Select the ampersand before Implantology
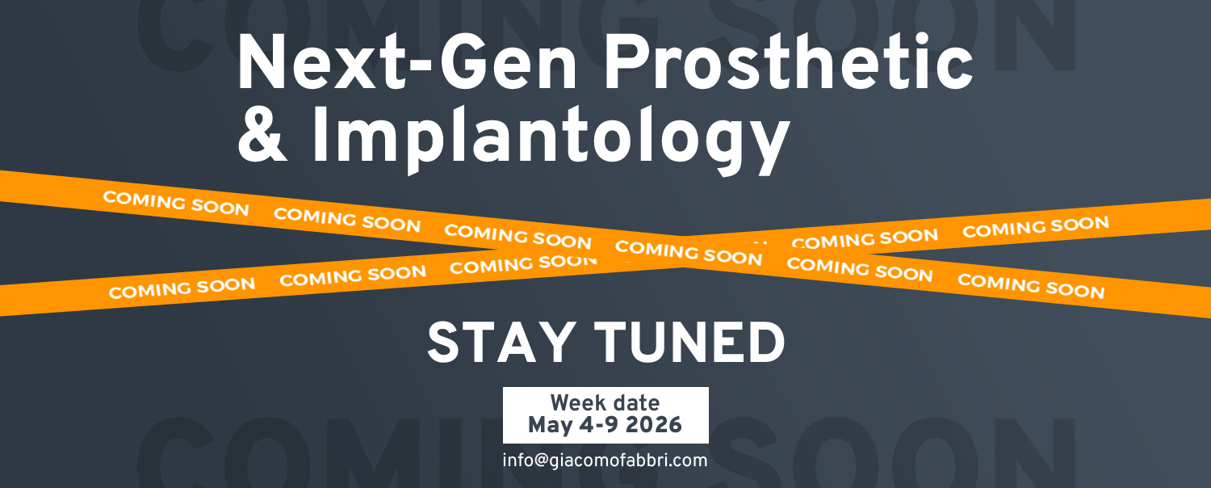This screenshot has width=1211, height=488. click(262, 134)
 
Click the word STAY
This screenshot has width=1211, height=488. click(501, 342)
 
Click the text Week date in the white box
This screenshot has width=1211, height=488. click(605, 403)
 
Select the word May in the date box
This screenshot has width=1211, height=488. click(550, 426)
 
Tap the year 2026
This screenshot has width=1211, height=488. click(654, 425)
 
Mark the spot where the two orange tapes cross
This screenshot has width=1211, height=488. click(683, 252)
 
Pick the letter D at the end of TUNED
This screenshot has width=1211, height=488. click(768, 342)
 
